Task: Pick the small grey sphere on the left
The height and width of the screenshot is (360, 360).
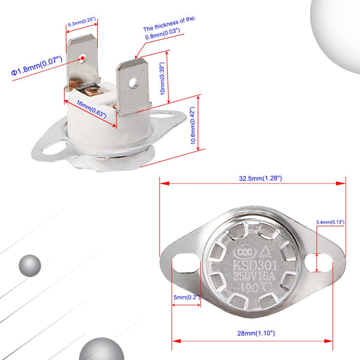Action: pos(29,265)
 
